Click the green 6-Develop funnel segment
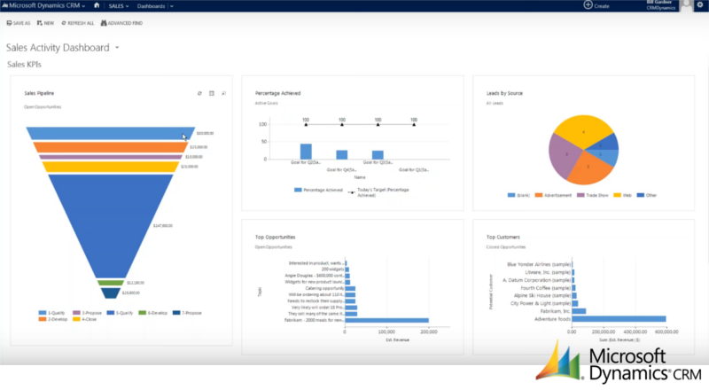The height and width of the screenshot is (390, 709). point(110,284)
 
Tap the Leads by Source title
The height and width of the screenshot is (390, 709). point(505,92)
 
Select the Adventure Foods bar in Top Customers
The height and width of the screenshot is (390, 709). point(620,319)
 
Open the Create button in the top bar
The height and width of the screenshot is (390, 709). point(596,5)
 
